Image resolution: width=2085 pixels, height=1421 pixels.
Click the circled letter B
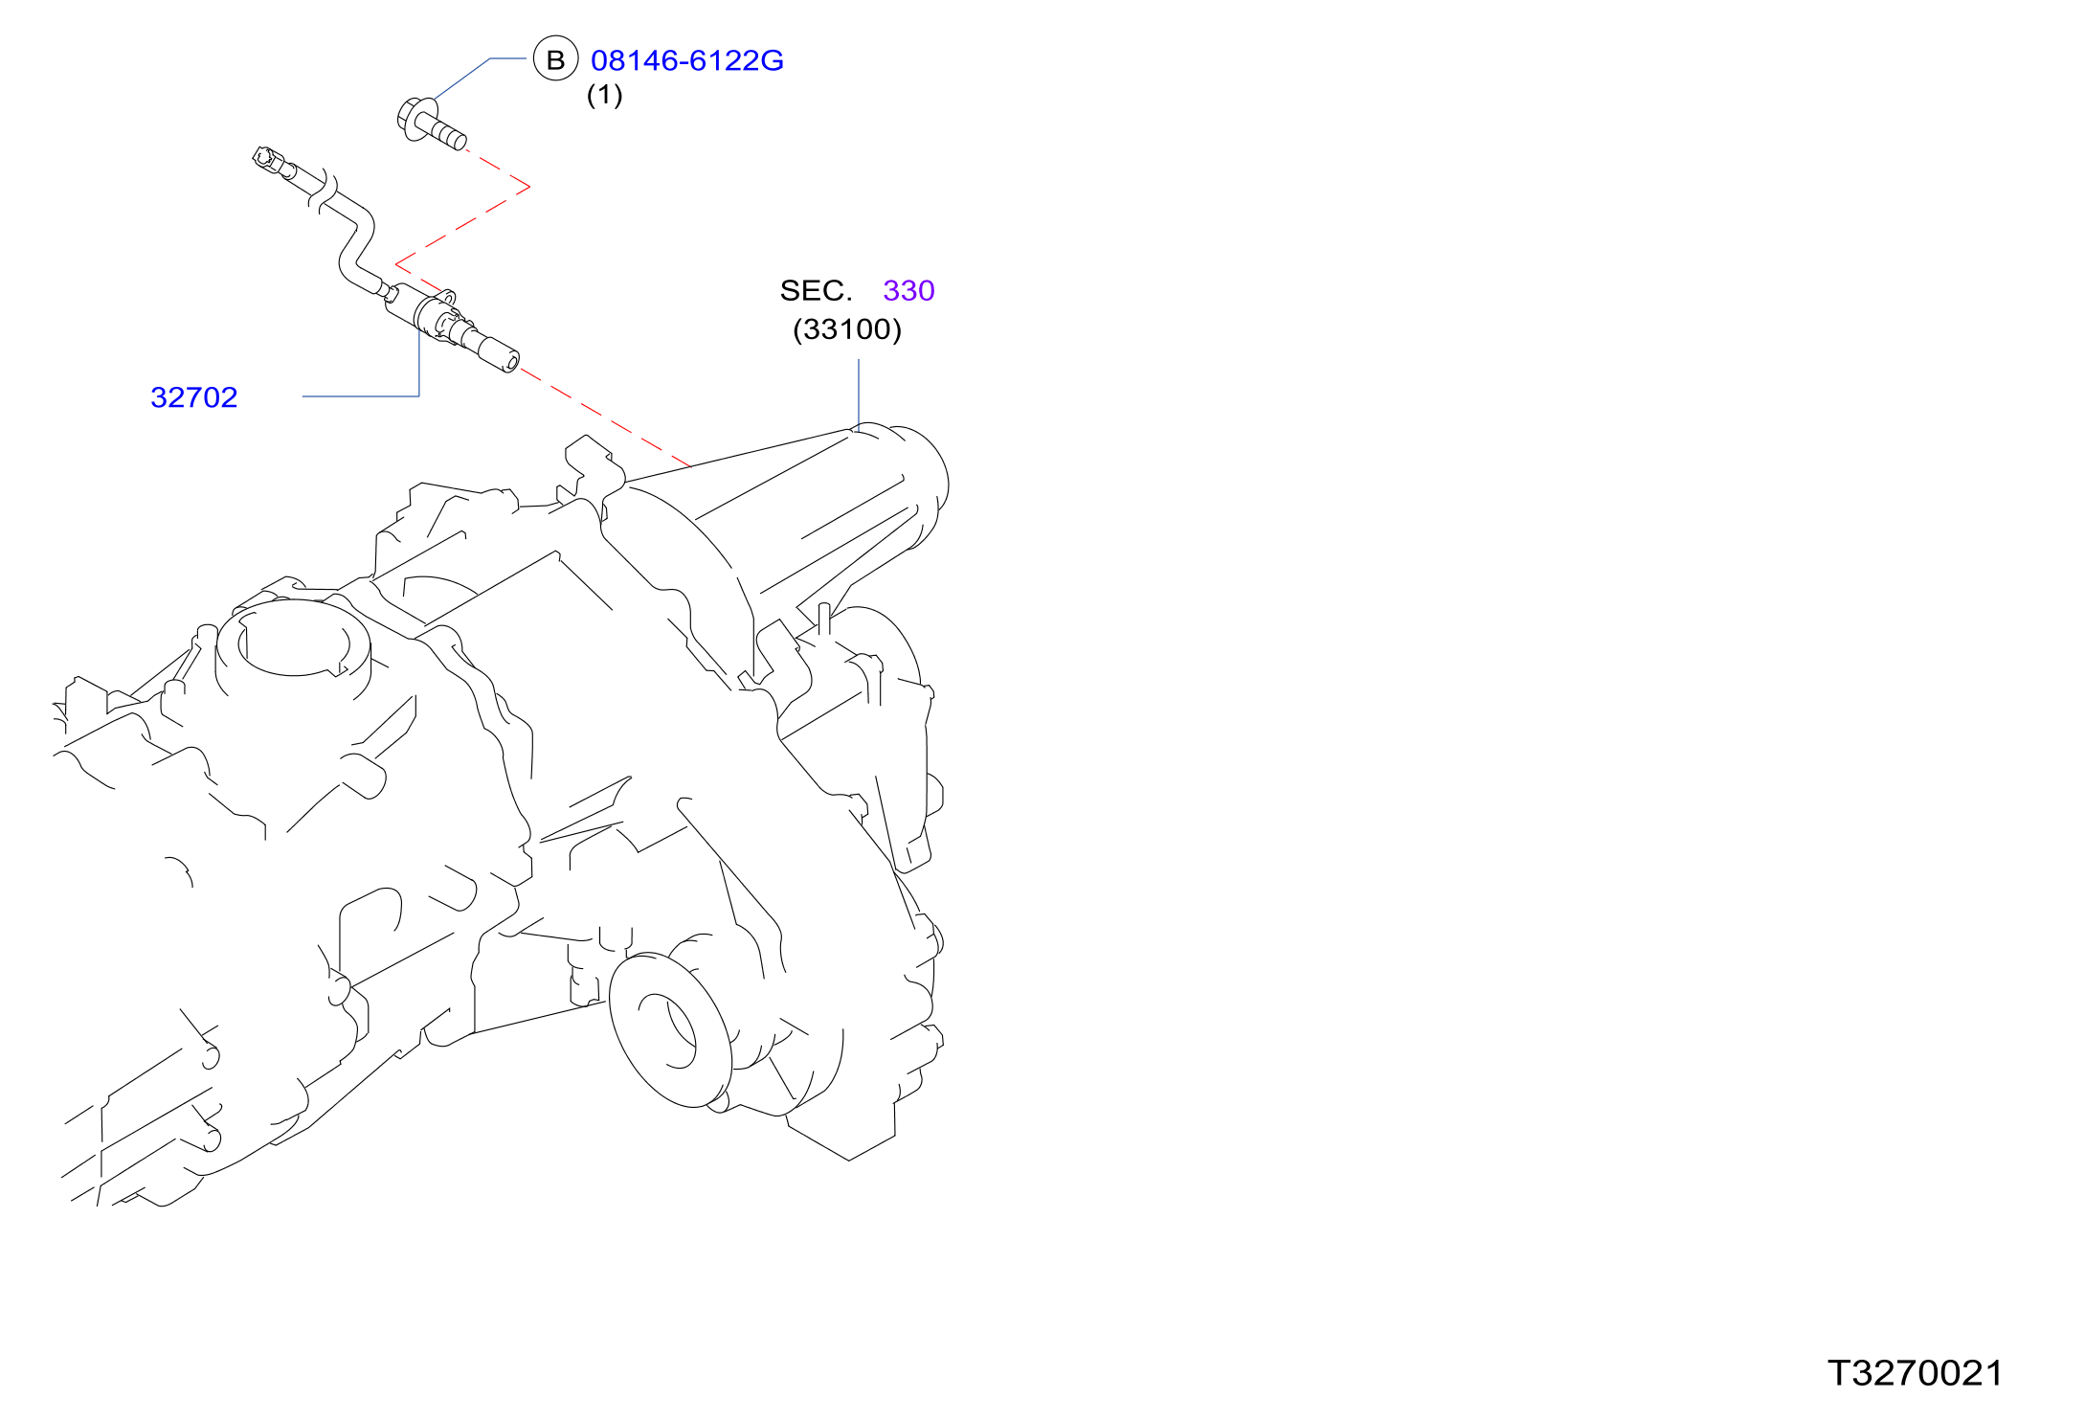point(556,58)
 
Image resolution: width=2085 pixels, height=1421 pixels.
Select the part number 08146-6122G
point(687,60)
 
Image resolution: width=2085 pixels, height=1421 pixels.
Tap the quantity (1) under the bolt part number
point(604,95)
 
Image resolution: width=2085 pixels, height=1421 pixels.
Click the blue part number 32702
point(194,397)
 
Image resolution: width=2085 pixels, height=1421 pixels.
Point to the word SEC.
point(816,290)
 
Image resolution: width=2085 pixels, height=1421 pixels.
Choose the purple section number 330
point(908,290)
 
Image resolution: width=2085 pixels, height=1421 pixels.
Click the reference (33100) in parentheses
point(847,329)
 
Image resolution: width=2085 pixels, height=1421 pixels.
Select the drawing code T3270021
point(1915,1373)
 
